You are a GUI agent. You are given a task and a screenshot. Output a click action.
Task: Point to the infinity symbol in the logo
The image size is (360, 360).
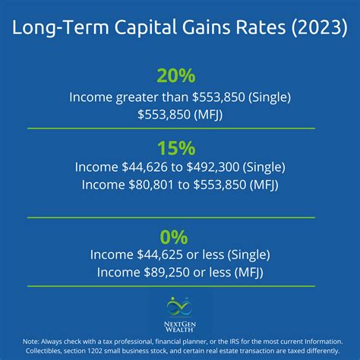click(x=180, y=306)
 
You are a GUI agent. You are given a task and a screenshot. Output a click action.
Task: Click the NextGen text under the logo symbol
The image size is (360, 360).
click(x=180, y=322)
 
